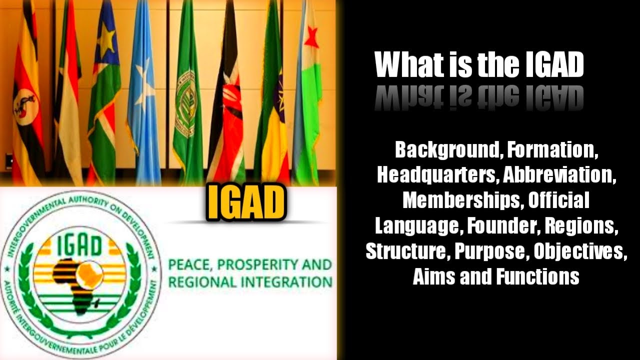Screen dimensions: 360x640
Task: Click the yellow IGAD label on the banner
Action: (x=246, y=202)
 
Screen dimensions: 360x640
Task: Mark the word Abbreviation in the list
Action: (x=559, y=175)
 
